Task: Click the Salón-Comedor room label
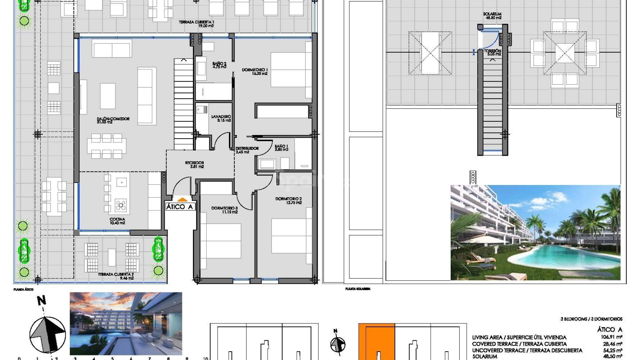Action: point(113,120)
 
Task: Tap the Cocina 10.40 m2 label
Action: point(117,221)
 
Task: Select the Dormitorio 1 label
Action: point(255,72)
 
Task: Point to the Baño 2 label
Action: point(219,65)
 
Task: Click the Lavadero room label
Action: point(221,118)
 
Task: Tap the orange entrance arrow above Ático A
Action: point(182,200)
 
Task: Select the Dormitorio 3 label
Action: point(224,210)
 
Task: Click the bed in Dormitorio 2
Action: point(289,236)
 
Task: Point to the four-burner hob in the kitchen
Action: point(121,205)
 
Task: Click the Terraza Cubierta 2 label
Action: point(116,276)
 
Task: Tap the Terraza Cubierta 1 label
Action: point(196,24)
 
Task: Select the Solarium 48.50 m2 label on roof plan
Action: point(492,16)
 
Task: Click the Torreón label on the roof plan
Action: point(492,52)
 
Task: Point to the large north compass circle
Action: point(47,334)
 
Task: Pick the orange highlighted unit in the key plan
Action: point(377,340)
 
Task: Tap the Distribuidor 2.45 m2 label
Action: point(247,150)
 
